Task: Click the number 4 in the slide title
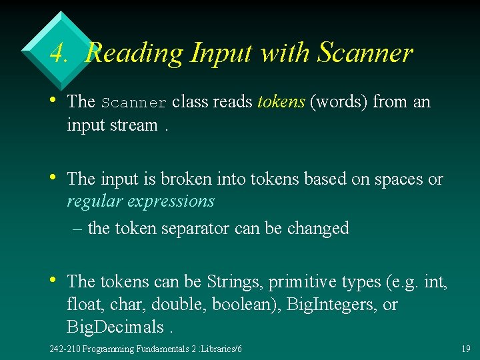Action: click(58, 53)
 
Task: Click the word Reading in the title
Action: click(133, 53)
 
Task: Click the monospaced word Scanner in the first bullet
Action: click(134, 103)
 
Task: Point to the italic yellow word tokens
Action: click(281, 101)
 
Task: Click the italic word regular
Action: click(90, 201)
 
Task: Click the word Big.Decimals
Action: click(115, 327)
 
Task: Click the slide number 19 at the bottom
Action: click(465, 349)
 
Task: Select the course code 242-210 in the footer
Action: click(65, 349)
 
